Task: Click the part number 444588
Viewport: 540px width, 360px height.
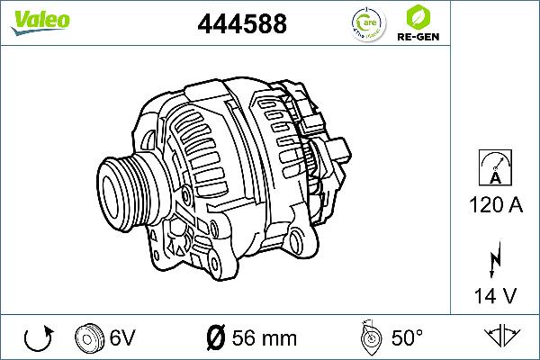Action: click(241, 24)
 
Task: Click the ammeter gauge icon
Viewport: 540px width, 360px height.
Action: click(496, 168)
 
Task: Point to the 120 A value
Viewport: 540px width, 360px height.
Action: click(496, 205)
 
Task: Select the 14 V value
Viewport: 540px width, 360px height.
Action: click(496, 295)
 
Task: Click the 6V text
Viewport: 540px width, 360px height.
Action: click(123, 338)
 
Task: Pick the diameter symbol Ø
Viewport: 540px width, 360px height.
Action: click(215, 338)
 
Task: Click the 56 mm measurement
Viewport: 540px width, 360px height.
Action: click(265, 338)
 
